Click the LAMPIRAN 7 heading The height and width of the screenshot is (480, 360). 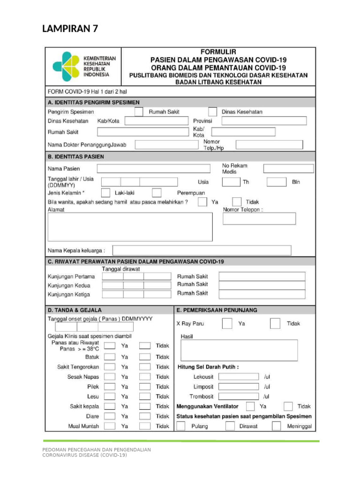[x=70, y=29]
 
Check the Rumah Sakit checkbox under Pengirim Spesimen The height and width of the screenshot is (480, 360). [x=139, y=112]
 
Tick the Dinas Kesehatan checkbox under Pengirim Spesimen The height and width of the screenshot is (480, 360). [x=212, y=112]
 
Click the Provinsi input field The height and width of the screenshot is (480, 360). [x=264, y=121]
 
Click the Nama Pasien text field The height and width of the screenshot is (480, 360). [x=153, y=169]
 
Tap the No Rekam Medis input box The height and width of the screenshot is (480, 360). [x=288, y=169]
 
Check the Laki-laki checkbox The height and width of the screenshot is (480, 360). [x=106, y=193]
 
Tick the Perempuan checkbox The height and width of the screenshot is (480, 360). [x=157, y=193]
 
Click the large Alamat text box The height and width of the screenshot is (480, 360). [x=130, y=227]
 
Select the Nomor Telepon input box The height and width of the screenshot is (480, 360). [x=259, y=219]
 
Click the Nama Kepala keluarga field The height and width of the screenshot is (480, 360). [x=202, y=250]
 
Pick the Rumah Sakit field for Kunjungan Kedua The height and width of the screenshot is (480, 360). [x=262, y=285]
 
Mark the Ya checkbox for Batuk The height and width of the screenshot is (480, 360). [x=110, y=357]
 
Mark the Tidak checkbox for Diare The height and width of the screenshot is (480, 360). [x=145, y=416]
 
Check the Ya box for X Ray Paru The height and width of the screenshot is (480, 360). [x=227, y=323]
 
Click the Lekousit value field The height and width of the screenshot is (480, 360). [x=239, y=376]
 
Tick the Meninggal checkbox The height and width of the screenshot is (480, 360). [x=277, y=426]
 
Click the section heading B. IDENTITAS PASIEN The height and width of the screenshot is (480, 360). [x=76, y=157]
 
